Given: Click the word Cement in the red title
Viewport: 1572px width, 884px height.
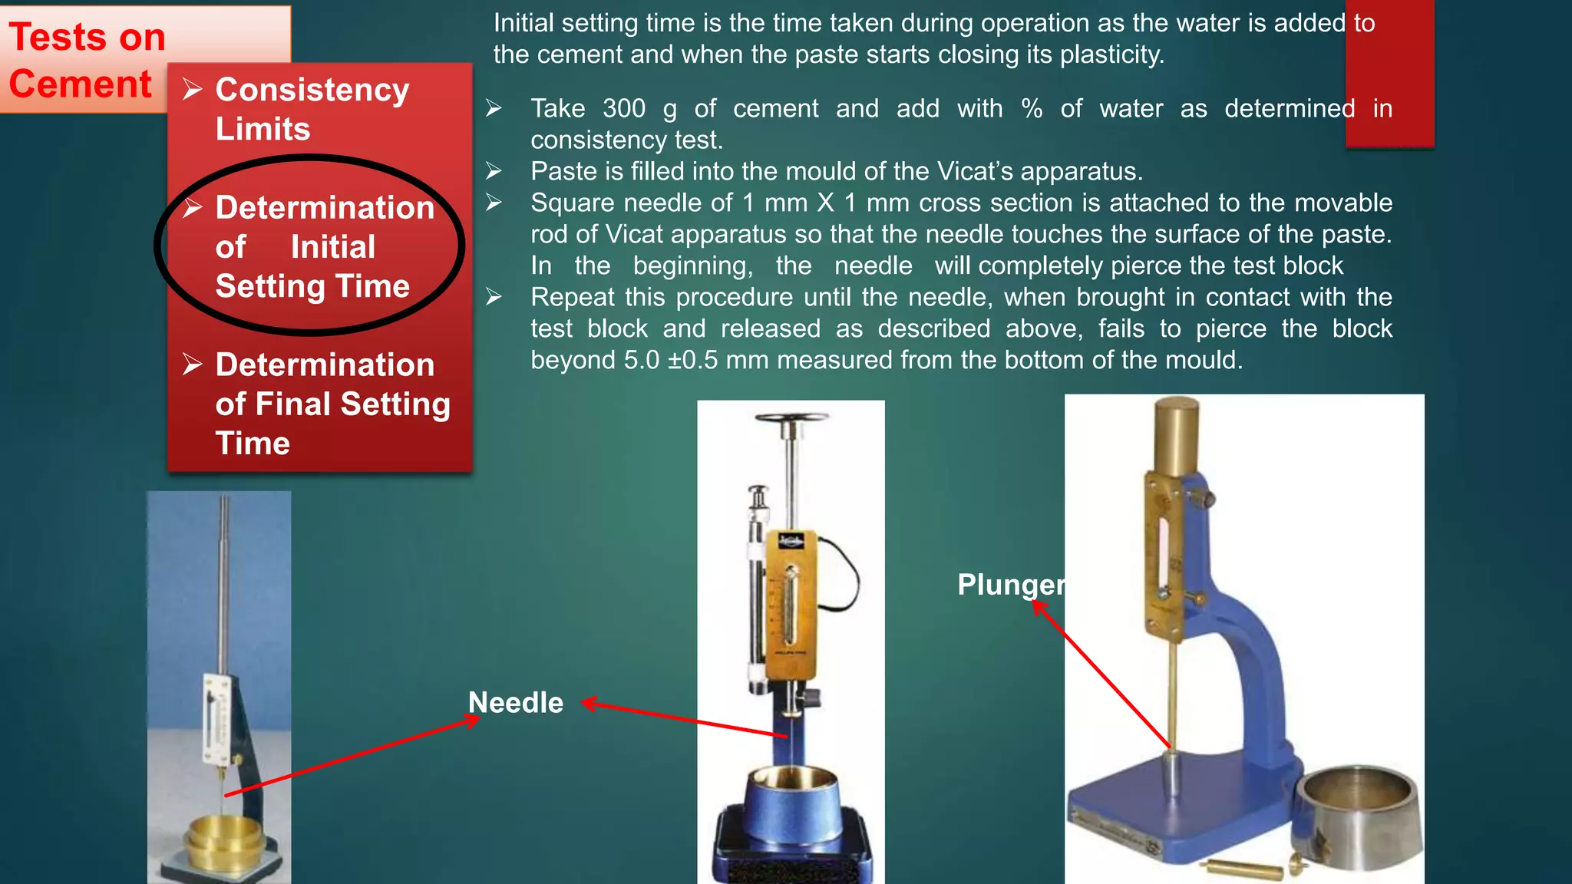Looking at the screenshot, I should click(81, 84).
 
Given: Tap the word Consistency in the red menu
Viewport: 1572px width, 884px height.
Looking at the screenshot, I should click(312, 90).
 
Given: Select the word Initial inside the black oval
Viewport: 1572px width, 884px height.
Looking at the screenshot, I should click(332, 247).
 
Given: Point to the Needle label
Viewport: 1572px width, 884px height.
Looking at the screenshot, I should click(516, 703).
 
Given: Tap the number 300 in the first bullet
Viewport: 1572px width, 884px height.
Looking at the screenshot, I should click(623, 109).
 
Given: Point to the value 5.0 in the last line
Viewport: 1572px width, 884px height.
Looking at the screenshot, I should click(641, 360).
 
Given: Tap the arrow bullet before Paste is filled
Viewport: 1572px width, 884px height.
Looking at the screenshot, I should click(494, 171).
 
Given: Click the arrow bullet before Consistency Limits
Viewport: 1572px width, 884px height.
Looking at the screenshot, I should click(192, 90).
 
